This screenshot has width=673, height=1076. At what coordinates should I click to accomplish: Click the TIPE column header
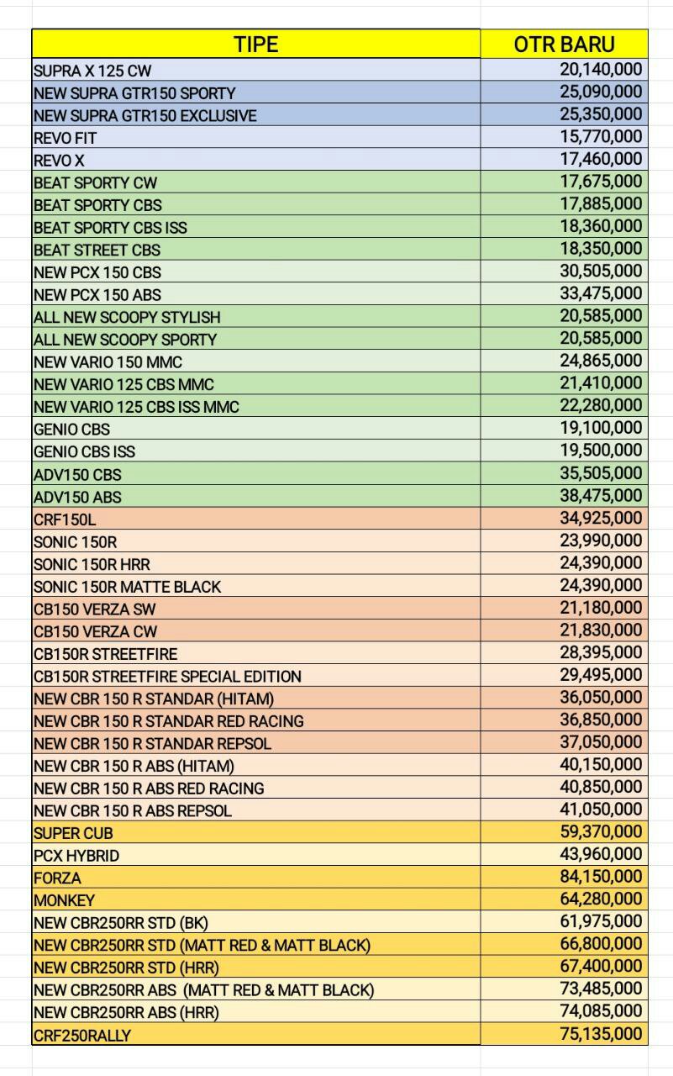[x=255, y=45]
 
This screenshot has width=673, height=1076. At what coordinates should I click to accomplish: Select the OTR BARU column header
[x=564, y=45]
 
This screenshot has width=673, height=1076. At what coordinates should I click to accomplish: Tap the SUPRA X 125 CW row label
[x=92, y=71]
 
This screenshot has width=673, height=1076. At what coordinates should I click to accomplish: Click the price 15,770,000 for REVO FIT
[x=601, y=136]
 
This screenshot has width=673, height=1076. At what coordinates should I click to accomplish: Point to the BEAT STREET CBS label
[x=97, y=250]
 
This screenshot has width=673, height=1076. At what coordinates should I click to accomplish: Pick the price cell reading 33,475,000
[x=601, y=293]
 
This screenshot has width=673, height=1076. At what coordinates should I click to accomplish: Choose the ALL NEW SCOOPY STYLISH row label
[x=127, y=317]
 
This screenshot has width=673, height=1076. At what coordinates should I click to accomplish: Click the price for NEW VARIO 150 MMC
[x=601, y=361]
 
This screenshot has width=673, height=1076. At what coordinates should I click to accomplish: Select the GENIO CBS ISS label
[x=84, y=451]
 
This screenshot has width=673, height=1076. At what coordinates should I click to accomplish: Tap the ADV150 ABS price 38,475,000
[x=601, y=496]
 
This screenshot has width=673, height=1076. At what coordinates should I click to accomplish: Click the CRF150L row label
[x=65, y=520]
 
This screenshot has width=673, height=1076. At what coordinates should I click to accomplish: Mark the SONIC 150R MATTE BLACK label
[x=127, y=587]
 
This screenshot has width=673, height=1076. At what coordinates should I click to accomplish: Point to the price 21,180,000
[x=601, y=608]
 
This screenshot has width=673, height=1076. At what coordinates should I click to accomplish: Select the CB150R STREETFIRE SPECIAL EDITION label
[x=167, y=676]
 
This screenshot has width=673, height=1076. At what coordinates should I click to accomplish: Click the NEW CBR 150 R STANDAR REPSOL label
[x=152, y=743]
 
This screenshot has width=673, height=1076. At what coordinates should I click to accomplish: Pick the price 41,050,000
[x=601, y=810]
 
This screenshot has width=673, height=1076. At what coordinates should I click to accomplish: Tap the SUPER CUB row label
[x=73, y=833]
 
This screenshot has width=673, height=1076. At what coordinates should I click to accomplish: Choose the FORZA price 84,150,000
[x=601, y=877]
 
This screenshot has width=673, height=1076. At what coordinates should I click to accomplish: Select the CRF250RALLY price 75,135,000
[x=601, y=1034]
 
